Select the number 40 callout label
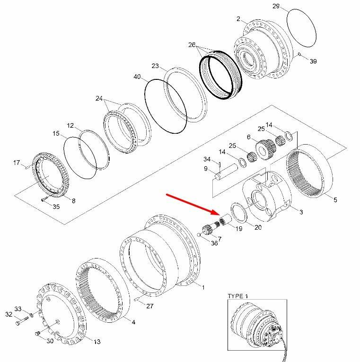pos(138,77)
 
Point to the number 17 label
pos(17,164)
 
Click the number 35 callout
pos(56,207)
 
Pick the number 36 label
pos(215,243)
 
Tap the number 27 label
pos(149,306)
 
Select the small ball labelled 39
pos(300,55)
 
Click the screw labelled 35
pos(44,200)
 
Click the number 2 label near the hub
pos(239,19)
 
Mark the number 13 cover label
pos(97,342)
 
